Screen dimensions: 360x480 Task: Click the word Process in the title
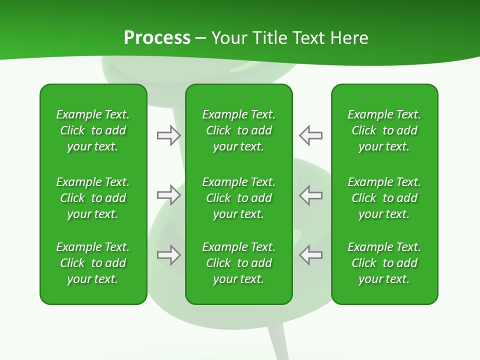[157, 38]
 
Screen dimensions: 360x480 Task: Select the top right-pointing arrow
[169, 135]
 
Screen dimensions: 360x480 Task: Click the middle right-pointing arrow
[169, 195]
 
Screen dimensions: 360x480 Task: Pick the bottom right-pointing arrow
[169, 255]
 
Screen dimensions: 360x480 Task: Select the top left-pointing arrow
[310, 135]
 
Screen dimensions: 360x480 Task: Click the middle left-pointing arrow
[310, 195]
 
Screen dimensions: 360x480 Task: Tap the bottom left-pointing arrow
[310, 255]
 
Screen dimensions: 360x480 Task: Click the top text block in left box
[93, 130]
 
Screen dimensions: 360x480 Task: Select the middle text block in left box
[93, 198]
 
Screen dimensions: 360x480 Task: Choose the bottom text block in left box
[93, 263]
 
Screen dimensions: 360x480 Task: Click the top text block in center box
[238, 130]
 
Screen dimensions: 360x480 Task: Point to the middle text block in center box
[238, 198]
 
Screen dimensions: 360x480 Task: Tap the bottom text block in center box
[238, 263]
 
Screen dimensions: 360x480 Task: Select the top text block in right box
[384, 130]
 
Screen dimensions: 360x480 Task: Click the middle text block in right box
[384, 198]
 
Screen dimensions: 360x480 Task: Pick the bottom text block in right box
[384, 263]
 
